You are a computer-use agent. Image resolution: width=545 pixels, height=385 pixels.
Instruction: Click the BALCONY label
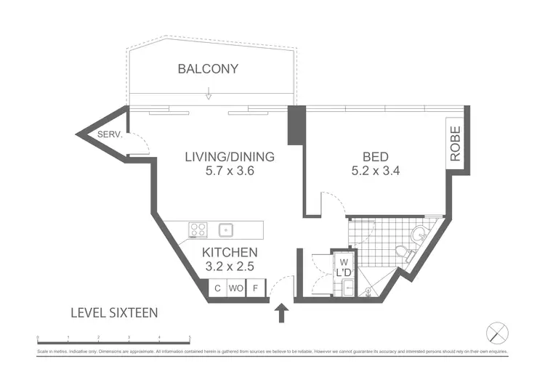(208, 69)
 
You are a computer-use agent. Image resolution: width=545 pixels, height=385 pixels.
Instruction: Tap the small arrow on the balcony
(209, 94)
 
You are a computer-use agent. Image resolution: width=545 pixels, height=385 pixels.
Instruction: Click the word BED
(376, 156)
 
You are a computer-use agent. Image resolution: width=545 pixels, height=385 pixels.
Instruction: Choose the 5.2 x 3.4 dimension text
(376, 172)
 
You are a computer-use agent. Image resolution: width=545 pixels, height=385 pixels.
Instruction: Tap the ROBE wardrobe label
(456, 142)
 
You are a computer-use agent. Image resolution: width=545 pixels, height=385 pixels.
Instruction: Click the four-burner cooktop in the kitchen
(198, 230)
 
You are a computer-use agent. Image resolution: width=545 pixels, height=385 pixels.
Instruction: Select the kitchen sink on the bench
(227, 230)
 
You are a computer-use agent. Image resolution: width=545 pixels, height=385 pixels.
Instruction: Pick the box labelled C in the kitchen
(217, 288)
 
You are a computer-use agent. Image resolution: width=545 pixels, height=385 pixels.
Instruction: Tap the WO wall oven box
(235, 288)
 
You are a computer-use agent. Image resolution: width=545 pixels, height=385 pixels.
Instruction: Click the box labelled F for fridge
(255, 288)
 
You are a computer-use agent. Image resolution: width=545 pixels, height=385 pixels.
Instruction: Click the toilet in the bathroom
(402, 252)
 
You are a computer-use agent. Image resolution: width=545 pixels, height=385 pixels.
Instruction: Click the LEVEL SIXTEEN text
(114, 313)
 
